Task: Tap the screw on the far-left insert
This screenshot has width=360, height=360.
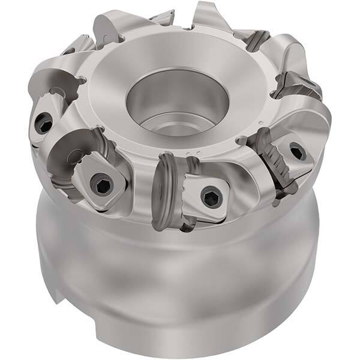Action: (x=43, y=125)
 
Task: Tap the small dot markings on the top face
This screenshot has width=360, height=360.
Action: (x=192, y=155)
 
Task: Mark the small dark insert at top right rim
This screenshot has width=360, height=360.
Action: (x=256, y=39)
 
